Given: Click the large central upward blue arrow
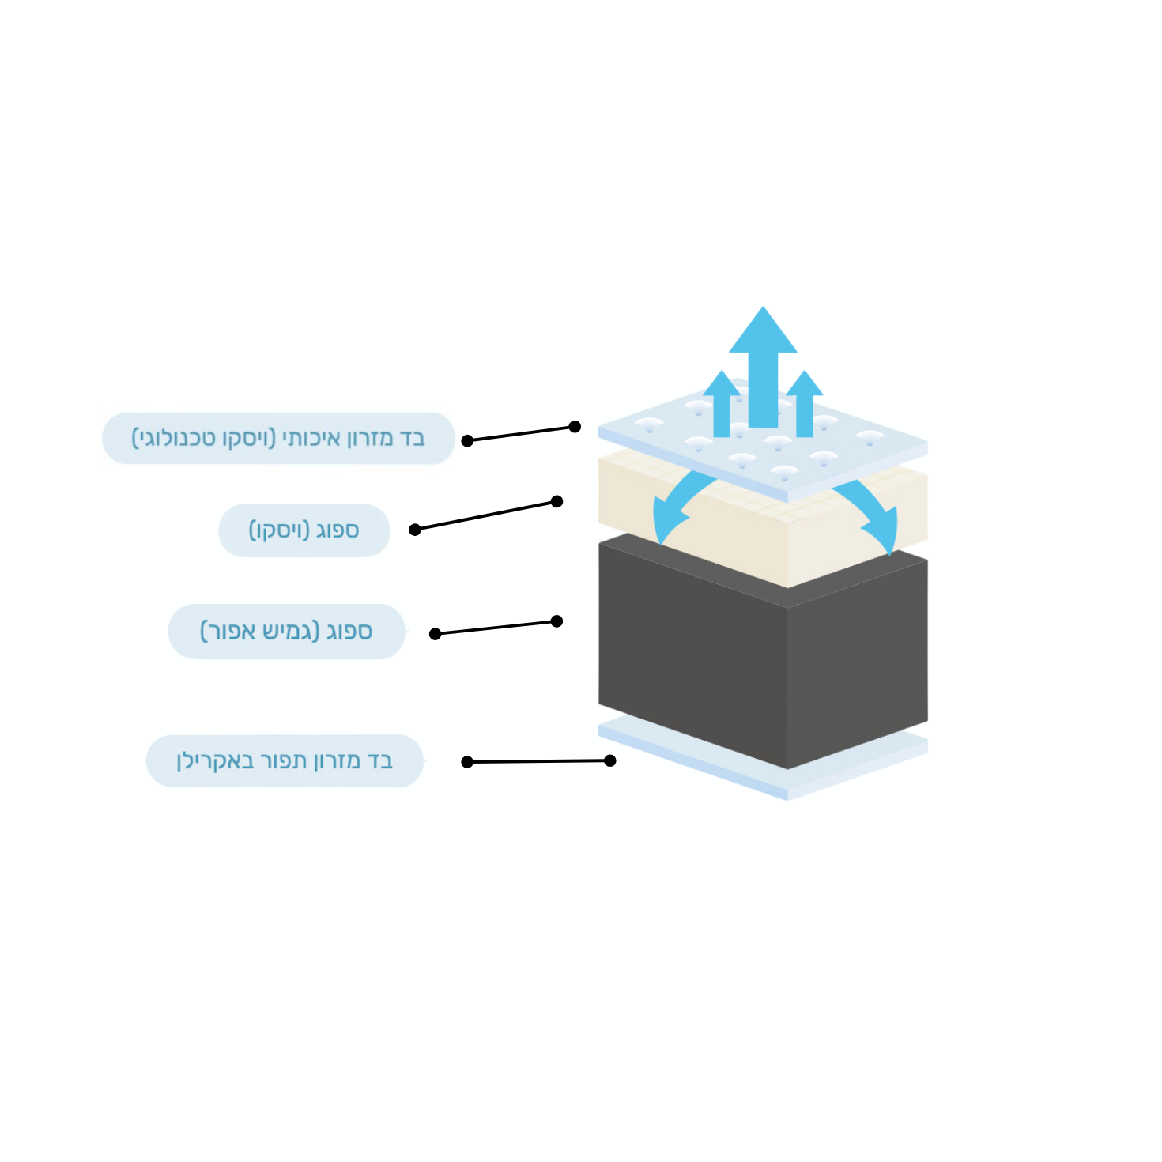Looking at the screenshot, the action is tap(763, 368).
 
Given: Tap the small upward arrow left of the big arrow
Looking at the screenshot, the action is tap(722, 403).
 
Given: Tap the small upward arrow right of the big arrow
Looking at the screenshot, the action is tap(805, 403).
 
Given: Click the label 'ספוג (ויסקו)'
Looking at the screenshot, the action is tap(304, 530).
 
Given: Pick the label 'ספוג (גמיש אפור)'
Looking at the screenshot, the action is tap(286, 632).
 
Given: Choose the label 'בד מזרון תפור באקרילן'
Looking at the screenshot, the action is tap(285, 761).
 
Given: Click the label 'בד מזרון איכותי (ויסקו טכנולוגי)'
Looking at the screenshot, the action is tap(278, 439).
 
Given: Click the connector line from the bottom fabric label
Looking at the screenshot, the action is tap(538, 761).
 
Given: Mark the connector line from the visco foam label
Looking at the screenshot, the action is tap(485, 515).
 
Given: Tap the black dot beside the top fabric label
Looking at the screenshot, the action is tap(467, 441).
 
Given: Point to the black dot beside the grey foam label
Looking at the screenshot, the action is tap(435, 634).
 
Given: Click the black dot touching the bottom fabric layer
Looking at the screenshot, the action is tap(610, 760).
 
